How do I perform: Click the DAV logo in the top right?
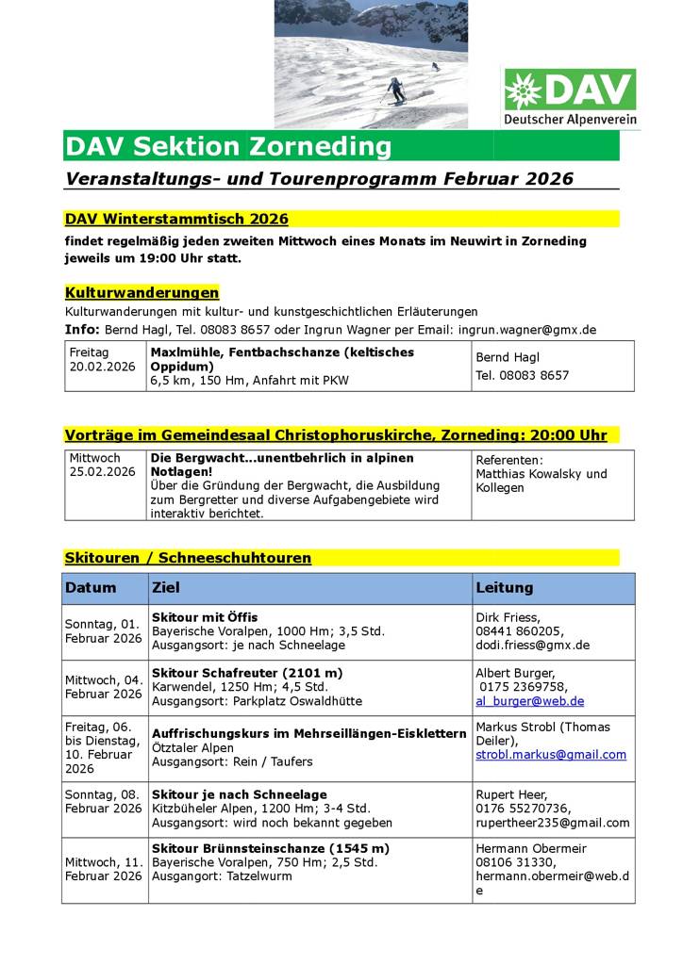click(569, 98)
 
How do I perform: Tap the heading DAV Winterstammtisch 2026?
click(176, 219)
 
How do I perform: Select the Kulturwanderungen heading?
click(142, 292)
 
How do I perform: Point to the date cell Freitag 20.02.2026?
click(102, 358)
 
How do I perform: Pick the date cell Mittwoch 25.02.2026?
click(102, 466)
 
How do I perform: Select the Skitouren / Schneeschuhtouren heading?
click(188, 558)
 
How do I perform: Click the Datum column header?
click(91, 588)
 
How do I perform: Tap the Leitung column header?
click(505, 588)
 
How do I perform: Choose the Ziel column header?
click(165, 588)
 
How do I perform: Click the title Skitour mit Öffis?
click(205, 617)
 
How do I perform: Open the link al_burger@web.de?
click(529, 701)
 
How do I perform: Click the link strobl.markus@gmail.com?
click(551, 755)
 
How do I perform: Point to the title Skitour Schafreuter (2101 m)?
click(246, 673)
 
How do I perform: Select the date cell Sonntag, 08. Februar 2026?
click(103, 802)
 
